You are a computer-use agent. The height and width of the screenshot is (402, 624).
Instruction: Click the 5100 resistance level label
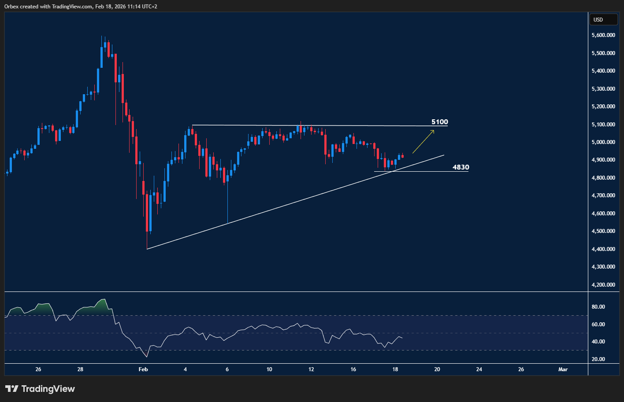pos(439,122)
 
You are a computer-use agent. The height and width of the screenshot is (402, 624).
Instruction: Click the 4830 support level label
pos(461,167)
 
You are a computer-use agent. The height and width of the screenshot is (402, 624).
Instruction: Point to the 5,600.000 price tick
pos(603,35)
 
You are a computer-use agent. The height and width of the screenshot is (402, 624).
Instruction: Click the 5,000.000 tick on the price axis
pos(603,142)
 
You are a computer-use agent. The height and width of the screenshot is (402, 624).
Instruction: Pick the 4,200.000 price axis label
pos(603,285)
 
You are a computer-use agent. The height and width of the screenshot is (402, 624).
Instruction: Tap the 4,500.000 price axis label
pos(603,231)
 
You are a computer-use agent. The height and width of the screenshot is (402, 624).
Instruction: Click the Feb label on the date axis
pos(143,369)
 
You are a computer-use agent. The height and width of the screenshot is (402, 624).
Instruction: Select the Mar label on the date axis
pos(563,369)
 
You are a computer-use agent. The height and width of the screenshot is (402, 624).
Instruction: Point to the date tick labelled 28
pos(80,369)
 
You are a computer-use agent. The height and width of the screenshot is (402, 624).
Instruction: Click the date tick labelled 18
pos(395,369)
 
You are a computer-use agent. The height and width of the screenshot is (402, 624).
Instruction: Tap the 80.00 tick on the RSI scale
pos(598,307)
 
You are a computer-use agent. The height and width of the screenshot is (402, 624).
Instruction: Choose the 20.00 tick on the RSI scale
pos(598,359)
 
